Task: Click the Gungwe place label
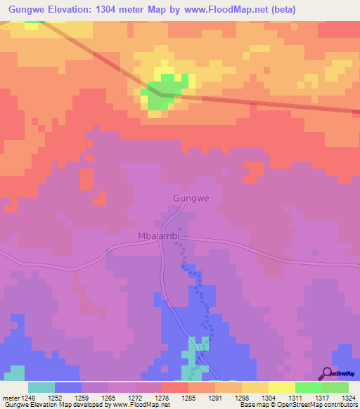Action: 191,199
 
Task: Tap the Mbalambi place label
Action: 159,237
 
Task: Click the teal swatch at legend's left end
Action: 41,387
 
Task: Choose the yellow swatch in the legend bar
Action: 282,387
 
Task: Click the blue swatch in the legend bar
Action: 68,387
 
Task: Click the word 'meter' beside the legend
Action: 10,397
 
